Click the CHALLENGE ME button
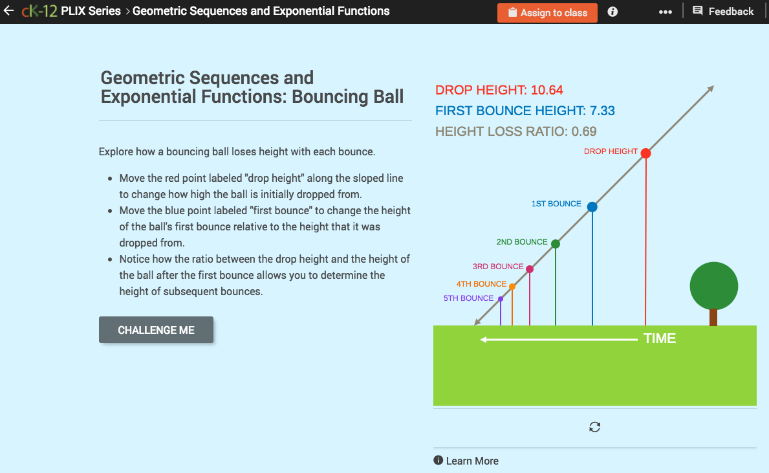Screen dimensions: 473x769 pyautogui.click(x=156, y=330)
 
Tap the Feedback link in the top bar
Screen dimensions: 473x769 pyautogui.click(x=723, y=12)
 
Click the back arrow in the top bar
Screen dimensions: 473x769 pyautogui.click(x=8, y=11)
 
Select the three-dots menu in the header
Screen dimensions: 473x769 pyautogui.click(x=665, y=12)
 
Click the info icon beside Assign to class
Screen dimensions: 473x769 pyautogui.click(x=612, y=12)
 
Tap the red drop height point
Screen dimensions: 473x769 pyautogui.click(x=645, y=153)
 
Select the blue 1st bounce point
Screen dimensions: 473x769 pyautogui.click(x=592, y=207)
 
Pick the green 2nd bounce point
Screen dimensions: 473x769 pyautogui.click(x=556, y=244)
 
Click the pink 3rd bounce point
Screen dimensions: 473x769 pyautogui.click(x=530, y=269)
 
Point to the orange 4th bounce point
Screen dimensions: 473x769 pyautogui.click(x=512, y=287)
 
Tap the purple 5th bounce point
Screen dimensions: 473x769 pyautogui.click(x=501, y=299)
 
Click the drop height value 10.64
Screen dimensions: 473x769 pyautogui.click(x=547, y=91)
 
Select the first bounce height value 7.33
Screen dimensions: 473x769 pyautogui.click(x=602, y=111)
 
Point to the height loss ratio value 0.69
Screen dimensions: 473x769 pyautogui.click(x=584, y=131)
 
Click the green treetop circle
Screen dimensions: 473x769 pyautogui.click(x=713, y=285)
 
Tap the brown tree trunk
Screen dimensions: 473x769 pyautogui.click(x=713, y=317)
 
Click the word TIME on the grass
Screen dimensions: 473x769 pyautogui.click(x=660, y=338)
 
